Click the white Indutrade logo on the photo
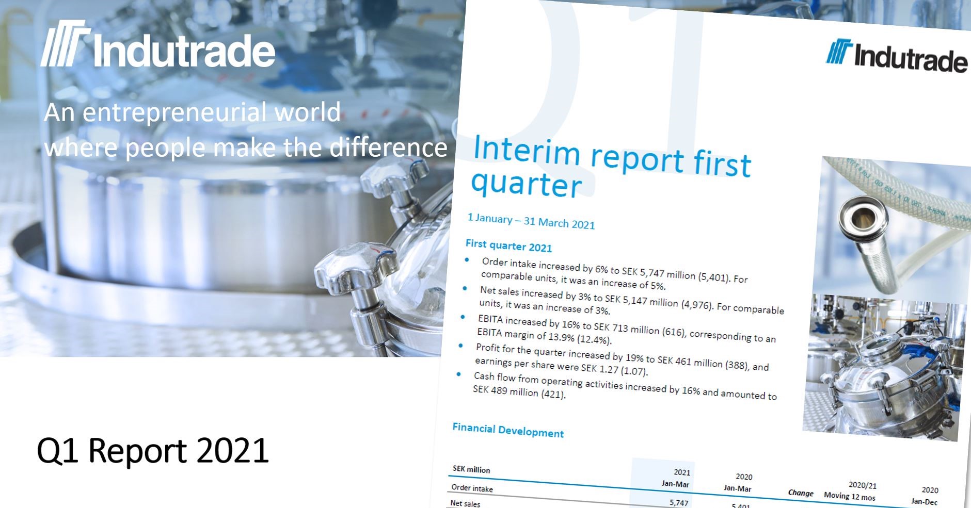[x=158, y=45]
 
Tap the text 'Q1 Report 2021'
[x=153, y=451]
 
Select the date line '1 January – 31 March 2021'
[x=531, y=221]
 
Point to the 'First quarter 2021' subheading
[x=508, y=246]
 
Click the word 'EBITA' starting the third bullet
[x=490, y=319]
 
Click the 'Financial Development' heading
[x=508, y=430]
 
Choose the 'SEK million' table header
[x=471, y=469]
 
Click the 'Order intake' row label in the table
[x=472, y=488]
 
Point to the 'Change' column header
[x=800, y=493]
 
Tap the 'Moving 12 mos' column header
[x=849, y=496]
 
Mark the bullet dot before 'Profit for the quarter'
[x=460, y=346]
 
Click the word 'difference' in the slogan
[x=388, y=148]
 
